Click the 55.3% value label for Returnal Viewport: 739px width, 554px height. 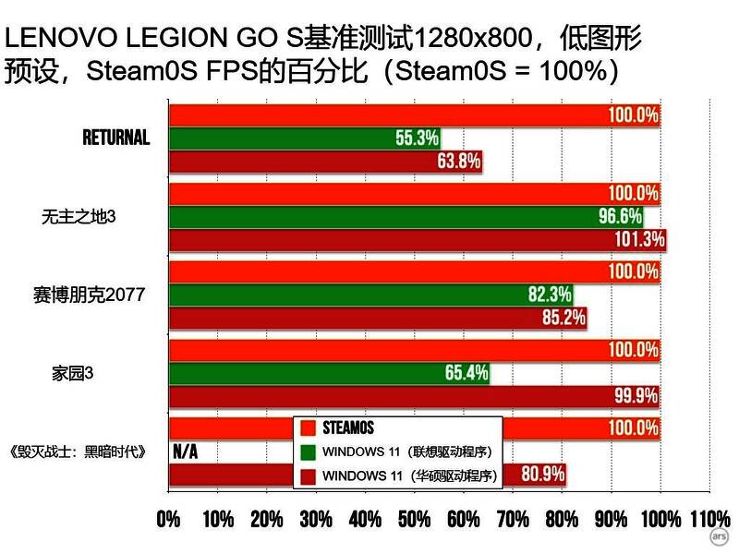[417, 138]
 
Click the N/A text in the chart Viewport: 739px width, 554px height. [186, 452]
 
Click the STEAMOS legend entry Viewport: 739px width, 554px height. [348, 428]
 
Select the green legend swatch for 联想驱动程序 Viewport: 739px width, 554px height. [307, 452]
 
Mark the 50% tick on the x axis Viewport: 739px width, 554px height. [415, 519]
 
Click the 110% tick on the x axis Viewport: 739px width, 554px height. [709, 519]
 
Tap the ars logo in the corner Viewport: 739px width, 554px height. [718, 536]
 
